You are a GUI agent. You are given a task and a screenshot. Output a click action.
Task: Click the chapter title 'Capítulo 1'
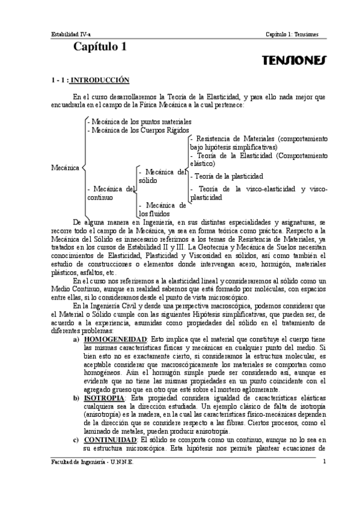99,49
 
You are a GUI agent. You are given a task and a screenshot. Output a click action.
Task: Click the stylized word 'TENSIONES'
294,61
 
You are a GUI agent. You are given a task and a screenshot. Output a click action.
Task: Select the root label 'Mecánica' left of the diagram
66,167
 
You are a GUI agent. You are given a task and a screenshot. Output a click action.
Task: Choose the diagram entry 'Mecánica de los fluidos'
162,209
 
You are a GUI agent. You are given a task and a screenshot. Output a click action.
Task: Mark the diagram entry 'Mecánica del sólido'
162,176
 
